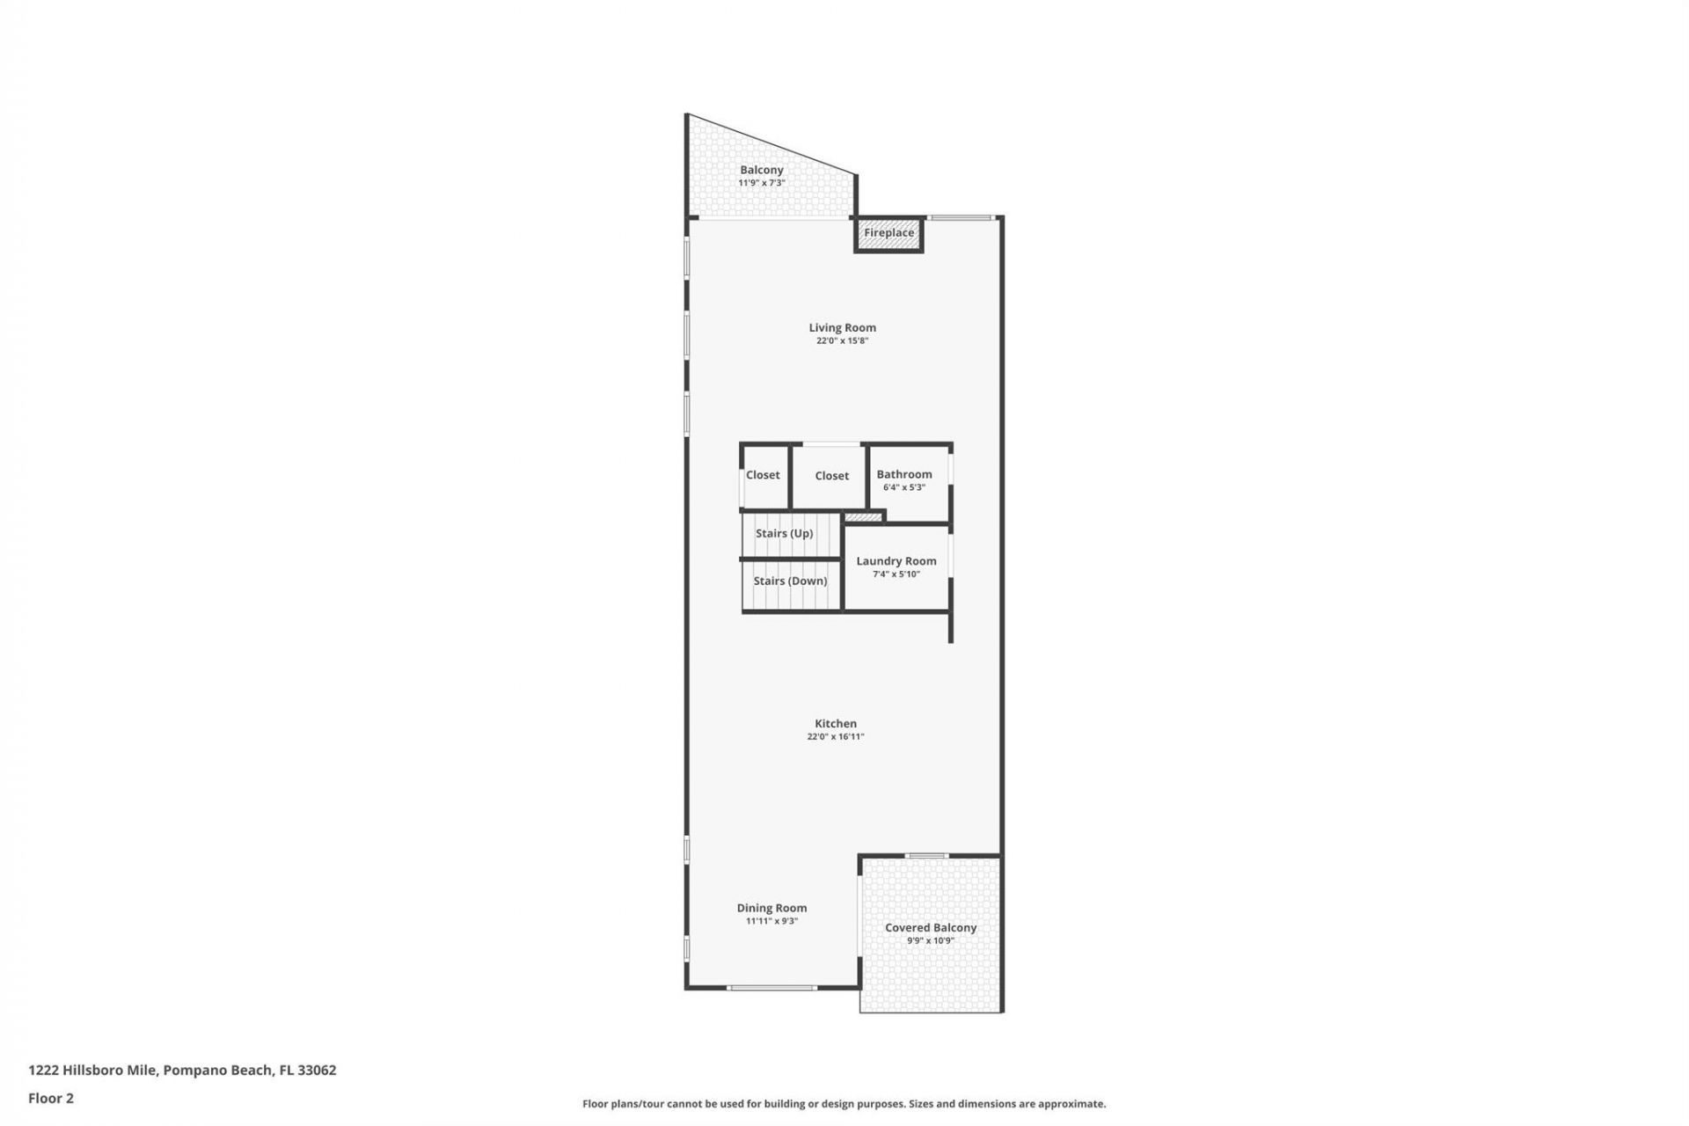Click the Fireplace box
888,234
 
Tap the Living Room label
842,328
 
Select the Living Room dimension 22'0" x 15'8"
842,341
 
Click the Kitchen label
835,724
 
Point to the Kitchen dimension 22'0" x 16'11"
835,737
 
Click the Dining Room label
771,908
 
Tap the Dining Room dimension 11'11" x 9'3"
771,921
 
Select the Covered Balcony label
931,927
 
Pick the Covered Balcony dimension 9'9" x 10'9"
931,940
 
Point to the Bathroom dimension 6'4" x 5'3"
904,487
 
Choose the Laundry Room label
896,561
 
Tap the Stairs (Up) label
784,533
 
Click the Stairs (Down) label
790,581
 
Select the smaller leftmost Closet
763,476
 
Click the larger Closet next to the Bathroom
831,476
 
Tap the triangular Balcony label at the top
761,170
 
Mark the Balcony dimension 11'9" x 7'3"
761,183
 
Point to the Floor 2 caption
51,1098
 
